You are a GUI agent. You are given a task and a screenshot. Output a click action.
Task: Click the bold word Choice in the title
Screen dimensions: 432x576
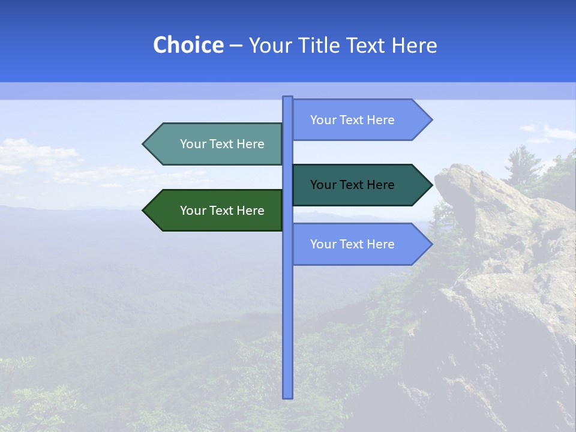click(x=188, y=45)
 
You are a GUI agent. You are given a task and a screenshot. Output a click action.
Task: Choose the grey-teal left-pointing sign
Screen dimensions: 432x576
click(x=216, y=144)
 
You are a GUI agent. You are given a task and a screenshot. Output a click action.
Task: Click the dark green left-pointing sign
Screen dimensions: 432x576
click(x=216, y=211)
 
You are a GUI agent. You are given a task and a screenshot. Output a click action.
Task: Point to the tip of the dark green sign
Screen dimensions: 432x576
click(x=144, y=211)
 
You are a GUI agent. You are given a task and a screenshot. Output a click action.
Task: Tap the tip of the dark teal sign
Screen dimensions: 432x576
click(x=431, y=185)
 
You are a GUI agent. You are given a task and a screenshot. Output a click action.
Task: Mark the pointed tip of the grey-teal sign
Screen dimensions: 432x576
click(x=144, y=144)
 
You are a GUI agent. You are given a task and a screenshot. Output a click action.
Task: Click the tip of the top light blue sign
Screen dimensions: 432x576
click(x=431, y=120)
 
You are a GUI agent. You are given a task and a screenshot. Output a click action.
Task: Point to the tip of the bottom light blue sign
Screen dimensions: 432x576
click(x=431, y=244)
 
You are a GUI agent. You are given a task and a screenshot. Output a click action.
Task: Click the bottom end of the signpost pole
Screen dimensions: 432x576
click(x=287, y=396)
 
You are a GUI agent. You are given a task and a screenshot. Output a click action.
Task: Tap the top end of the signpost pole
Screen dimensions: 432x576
click(x=287, y=98)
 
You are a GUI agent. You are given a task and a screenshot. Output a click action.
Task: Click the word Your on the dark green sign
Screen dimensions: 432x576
click(x=193, y=211)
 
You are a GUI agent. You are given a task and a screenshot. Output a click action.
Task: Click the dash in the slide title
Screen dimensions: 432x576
click(x=236, y=46)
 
